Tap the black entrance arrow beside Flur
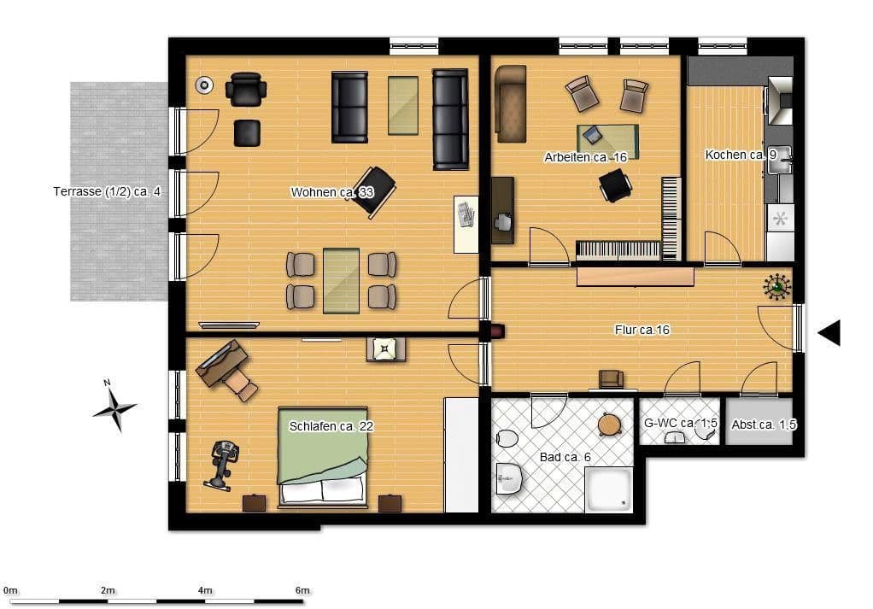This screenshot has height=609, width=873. pyautogui.click(x=829, y=332)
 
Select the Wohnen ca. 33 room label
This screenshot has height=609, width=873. pyautogui.click(x=332, y=192)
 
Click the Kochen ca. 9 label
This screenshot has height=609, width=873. pyautogui.click(x=740, y=155)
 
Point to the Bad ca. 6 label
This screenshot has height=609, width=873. pyautogui.click(x=565, y=458)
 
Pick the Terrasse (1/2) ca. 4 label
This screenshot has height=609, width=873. pyautogui.click(x=107, y=191)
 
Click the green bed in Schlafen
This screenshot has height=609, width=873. pyautogui.click(x=322, y=457)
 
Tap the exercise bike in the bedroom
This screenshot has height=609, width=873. pyautogui.click(x=222, y=463)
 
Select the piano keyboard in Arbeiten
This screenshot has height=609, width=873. pyautogui.click(x=618, y=249)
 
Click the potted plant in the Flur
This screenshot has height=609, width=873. pyautogui.click(x=776, y=287)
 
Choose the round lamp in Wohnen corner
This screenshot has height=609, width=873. pyautogui.click(x=203, y=85)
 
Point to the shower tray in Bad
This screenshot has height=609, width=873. pyautogui.click(x=608, y=490)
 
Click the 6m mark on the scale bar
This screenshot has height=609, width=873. pyautogui.click(x=302, y=590)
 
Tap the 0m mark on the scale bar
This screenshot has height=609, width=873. pyautogui.click(x=10, y=590)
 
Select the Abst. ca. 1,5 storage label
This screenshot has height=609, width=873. pyautogui.click(x=764, y=425)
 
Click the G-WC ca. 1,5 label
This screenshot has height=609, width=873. pyautogui.click(x=680, y=423)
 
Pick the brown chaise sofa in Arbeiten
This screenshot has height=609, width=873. pyautogui.click(x=509, y=102)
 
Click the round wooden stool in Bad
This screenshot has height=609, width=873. pyautogui.click(x=609, y=424)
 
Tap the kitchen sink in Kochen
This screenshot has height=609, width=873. pyautogui.click(x=780, y=159)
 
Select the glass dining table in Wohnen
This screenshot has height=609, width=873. pyautogui.click(x=341, y=280)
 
